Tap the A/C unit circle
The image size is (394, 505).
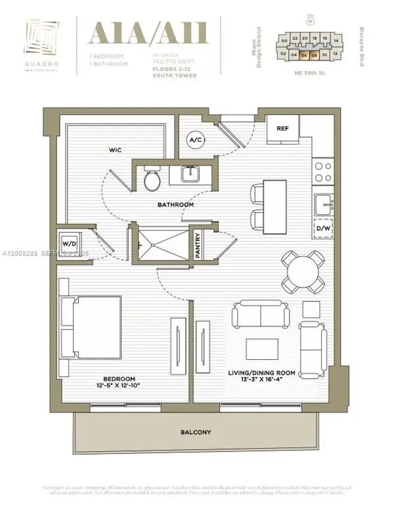pos(195,139)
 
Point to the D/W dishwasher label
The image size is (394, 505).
pos(323,229)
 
